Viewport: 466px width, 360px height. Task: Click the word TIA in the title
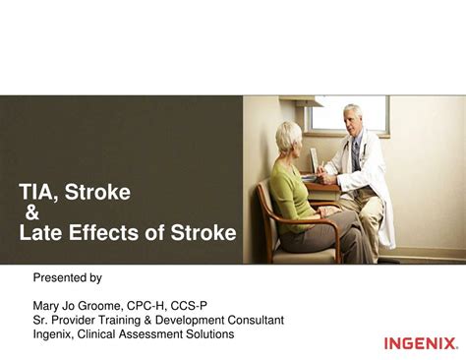[36, 193]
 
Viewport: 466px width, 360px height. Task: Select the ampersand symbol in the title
[31, 213]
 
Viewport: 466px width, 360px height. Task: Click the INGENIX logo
[420, 343]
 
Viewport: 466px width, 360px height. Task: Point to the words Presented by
[68, 278]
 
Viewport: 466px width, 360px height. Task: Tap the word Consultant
[255, 320]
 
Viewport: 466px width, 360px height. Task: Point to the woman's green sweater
[292, 192]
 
